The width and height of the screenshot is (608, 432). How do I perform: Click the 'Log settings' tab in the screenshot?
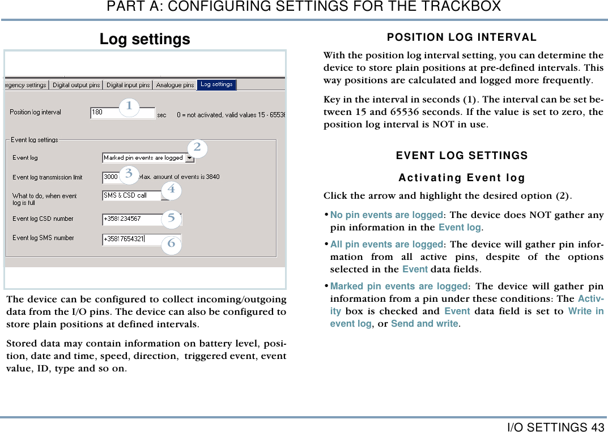click(216, 84)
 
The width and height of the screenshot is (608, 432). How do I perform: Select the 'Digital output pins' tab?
click(76, 85)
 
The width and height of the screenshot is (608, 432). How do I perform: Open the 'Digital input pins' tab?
click(128, 85)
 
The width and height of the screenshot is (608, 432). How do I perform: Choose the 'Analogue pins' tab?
click(175, 85)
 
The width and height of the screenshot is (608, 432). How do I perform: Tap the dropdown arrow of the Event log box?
click(189, 158)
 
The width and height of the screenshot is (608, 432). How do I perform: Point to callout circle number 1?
click(129, 106)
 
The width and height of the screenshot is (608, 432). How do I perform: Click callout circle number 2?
click(197, 147)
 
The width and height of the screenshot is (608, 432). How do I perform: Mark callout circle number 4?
click(171, 190)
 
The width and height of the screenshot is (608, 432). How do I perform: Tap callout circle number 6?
click(171, 245)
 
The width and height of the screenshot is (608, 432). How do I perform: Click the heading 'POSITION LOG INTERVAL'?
click(462, 37)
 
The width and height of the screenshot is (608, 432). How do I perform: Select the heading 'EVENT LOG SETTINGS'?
click(462, 156)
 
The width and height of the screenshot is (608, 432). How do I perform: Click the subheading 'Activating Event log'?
click(462, 178)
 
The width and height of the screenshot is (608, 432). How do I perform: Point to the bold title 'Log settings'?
click(145, 39)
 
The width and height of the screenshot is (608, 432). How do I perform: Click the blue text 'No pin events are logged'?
click(386, 215)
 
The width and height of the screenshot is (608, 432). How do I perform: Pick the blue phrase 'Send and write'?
click(424, 324)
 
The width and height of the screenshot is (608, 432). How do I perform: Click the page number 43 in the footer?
click(597, 427)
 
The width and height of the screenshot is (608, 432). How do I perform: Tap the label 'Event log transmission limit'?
click(48, 177)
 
